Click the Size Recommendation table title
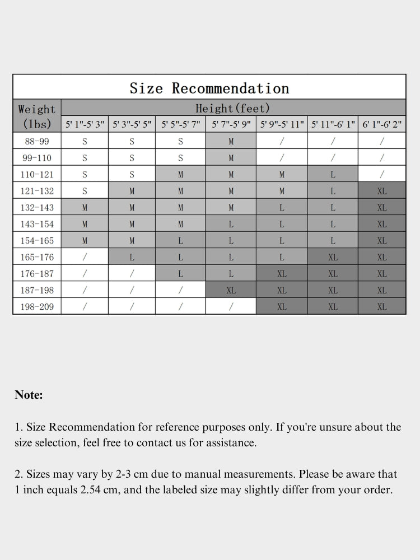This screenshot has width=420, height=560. (209, 88)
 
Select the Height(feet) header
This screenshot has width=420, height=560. (232, 108)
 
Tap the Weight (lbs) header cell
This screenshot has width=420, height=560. (37, 116)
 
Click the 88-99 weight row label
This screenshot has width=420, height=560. (37, 142)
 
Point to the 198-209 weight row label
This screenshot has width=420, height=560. (37, 307)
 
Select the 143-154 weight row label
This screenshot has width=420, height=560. (37, 224)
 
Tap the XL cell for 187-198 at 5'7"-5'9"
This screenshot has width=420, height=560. (231, 291)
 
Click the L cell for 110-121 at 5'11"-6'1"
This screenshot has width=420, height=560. (333, 175)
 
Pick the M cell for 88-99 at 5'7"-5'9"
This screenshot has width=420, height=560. (231, 142)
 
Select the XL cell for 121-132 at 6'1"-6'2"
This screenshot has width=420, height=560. (382, 191)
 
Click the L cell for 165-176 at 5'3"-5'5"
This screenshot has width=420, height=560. (132, 258)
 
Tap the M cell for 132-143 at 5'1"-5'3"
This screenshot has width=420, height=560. (85, 208)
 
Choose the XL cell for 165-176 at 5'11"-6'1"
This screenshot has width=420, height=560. (333, 258)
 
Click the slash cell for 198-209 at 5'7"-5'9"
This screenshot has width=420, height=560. (231, 307)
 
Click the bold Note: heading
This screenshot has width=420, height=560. (29, 395)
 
